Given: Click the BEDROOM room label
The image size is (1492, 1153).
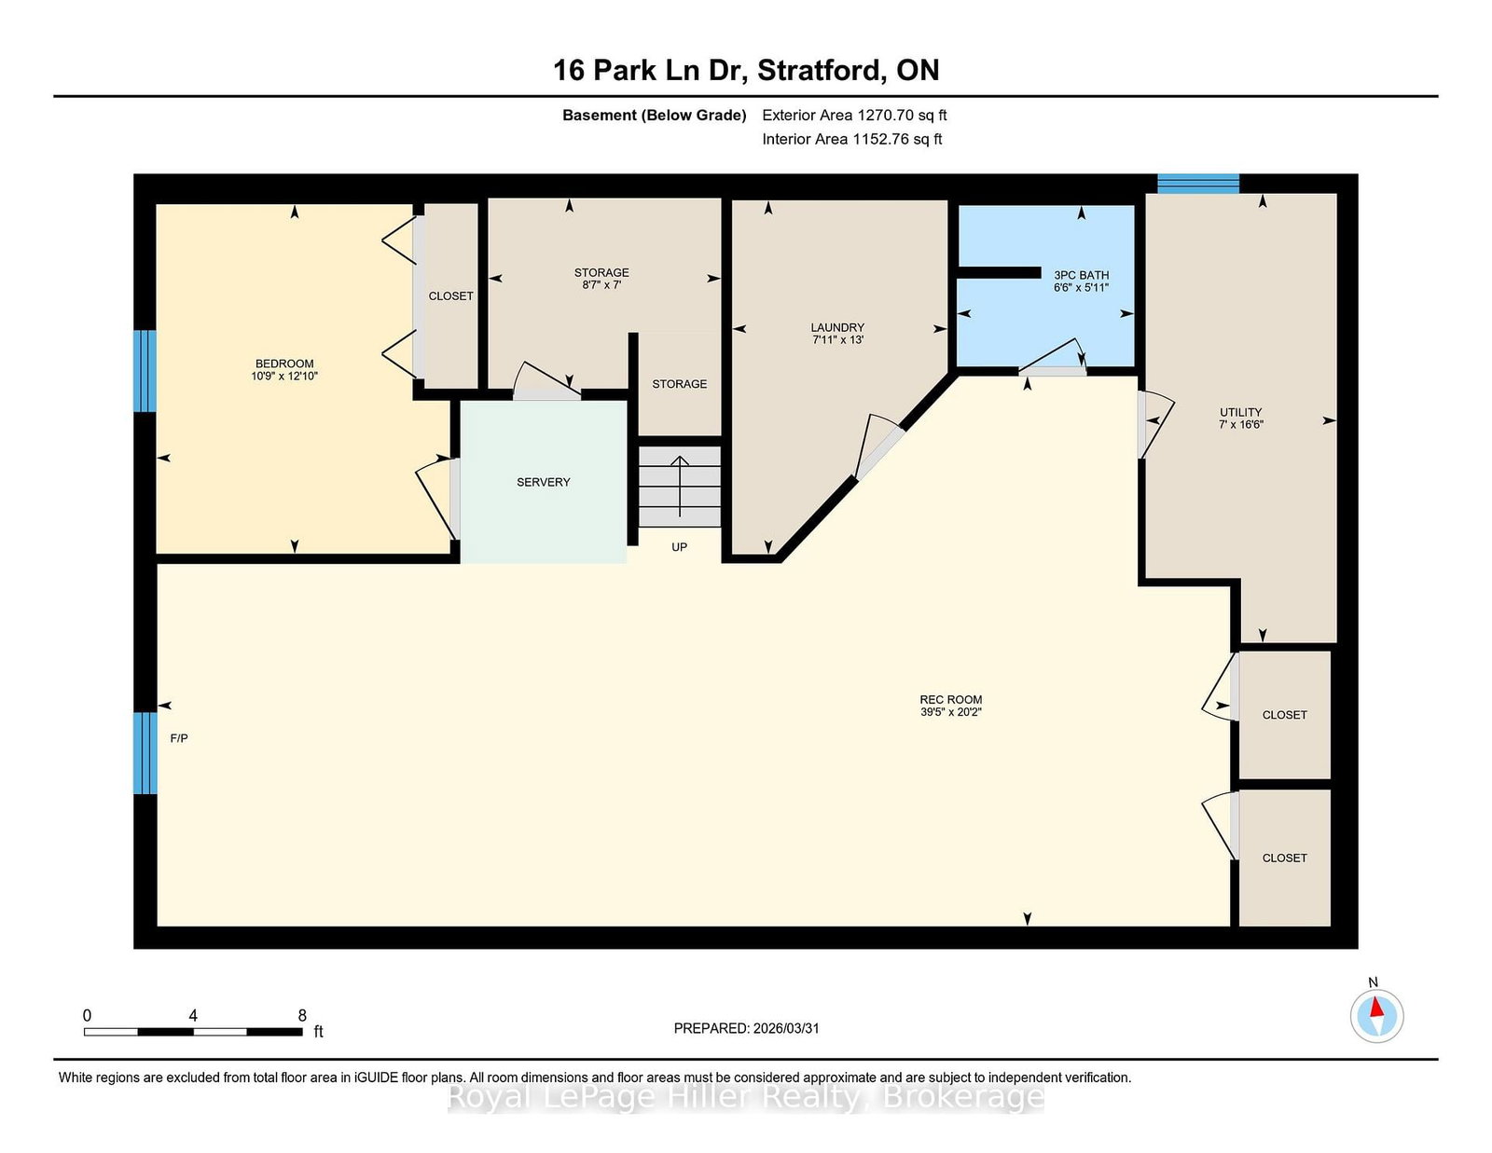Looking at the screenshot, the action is click(x=284, y=364).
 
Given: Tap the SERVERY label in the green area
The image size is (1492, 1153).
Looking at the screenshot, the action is click(x=543, y=483).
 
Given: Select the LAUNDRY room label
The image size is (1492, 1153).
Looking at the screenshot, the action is click(x=837, y=328).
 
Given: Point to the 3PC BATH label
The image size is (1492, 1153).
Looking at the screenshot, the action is click(x=1082, y=275).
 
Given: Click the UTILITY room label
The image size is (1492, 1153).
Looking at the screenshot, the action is click(x=1241, y=413).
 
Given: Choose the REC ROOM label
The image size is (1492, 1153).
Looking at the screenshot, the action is click(x=951, y=700).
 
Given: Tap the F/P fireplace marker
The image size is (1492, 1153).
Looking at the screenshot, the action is click(x=179, y=738).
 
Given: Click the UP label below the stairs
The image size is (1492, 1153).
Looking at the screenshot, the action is click(x=679, y=547).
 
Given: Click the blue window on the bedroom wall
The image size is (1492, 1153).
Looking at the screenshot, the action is click(x=145, y=371).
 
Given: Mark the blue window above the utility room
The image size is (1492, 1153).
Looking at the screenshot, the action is click(x=1198, y=184).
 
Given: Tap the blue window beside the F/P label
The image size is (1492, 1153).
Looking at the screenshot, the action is click(x=145, y=753).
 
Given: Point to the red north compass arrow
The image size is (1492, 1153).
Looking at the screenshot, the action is click(x=1376, y=1007).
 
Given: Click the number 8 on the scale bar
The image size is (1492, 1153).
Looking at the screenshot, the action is click(x=302, y=1015).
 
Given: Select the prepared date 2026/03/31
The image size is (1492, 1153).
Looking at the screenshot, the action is click(x=786, y=1029).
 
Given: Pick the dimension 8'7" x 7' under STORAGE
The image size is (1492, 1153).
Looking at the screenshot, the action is click(x=601, y=285).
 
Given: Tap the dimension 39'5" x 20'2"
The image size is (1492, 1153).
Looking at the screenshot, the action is click(x=951, y=712).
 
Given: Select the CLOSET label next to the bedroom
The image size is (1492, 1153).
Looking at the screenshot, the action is click(x=450, y=296).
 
